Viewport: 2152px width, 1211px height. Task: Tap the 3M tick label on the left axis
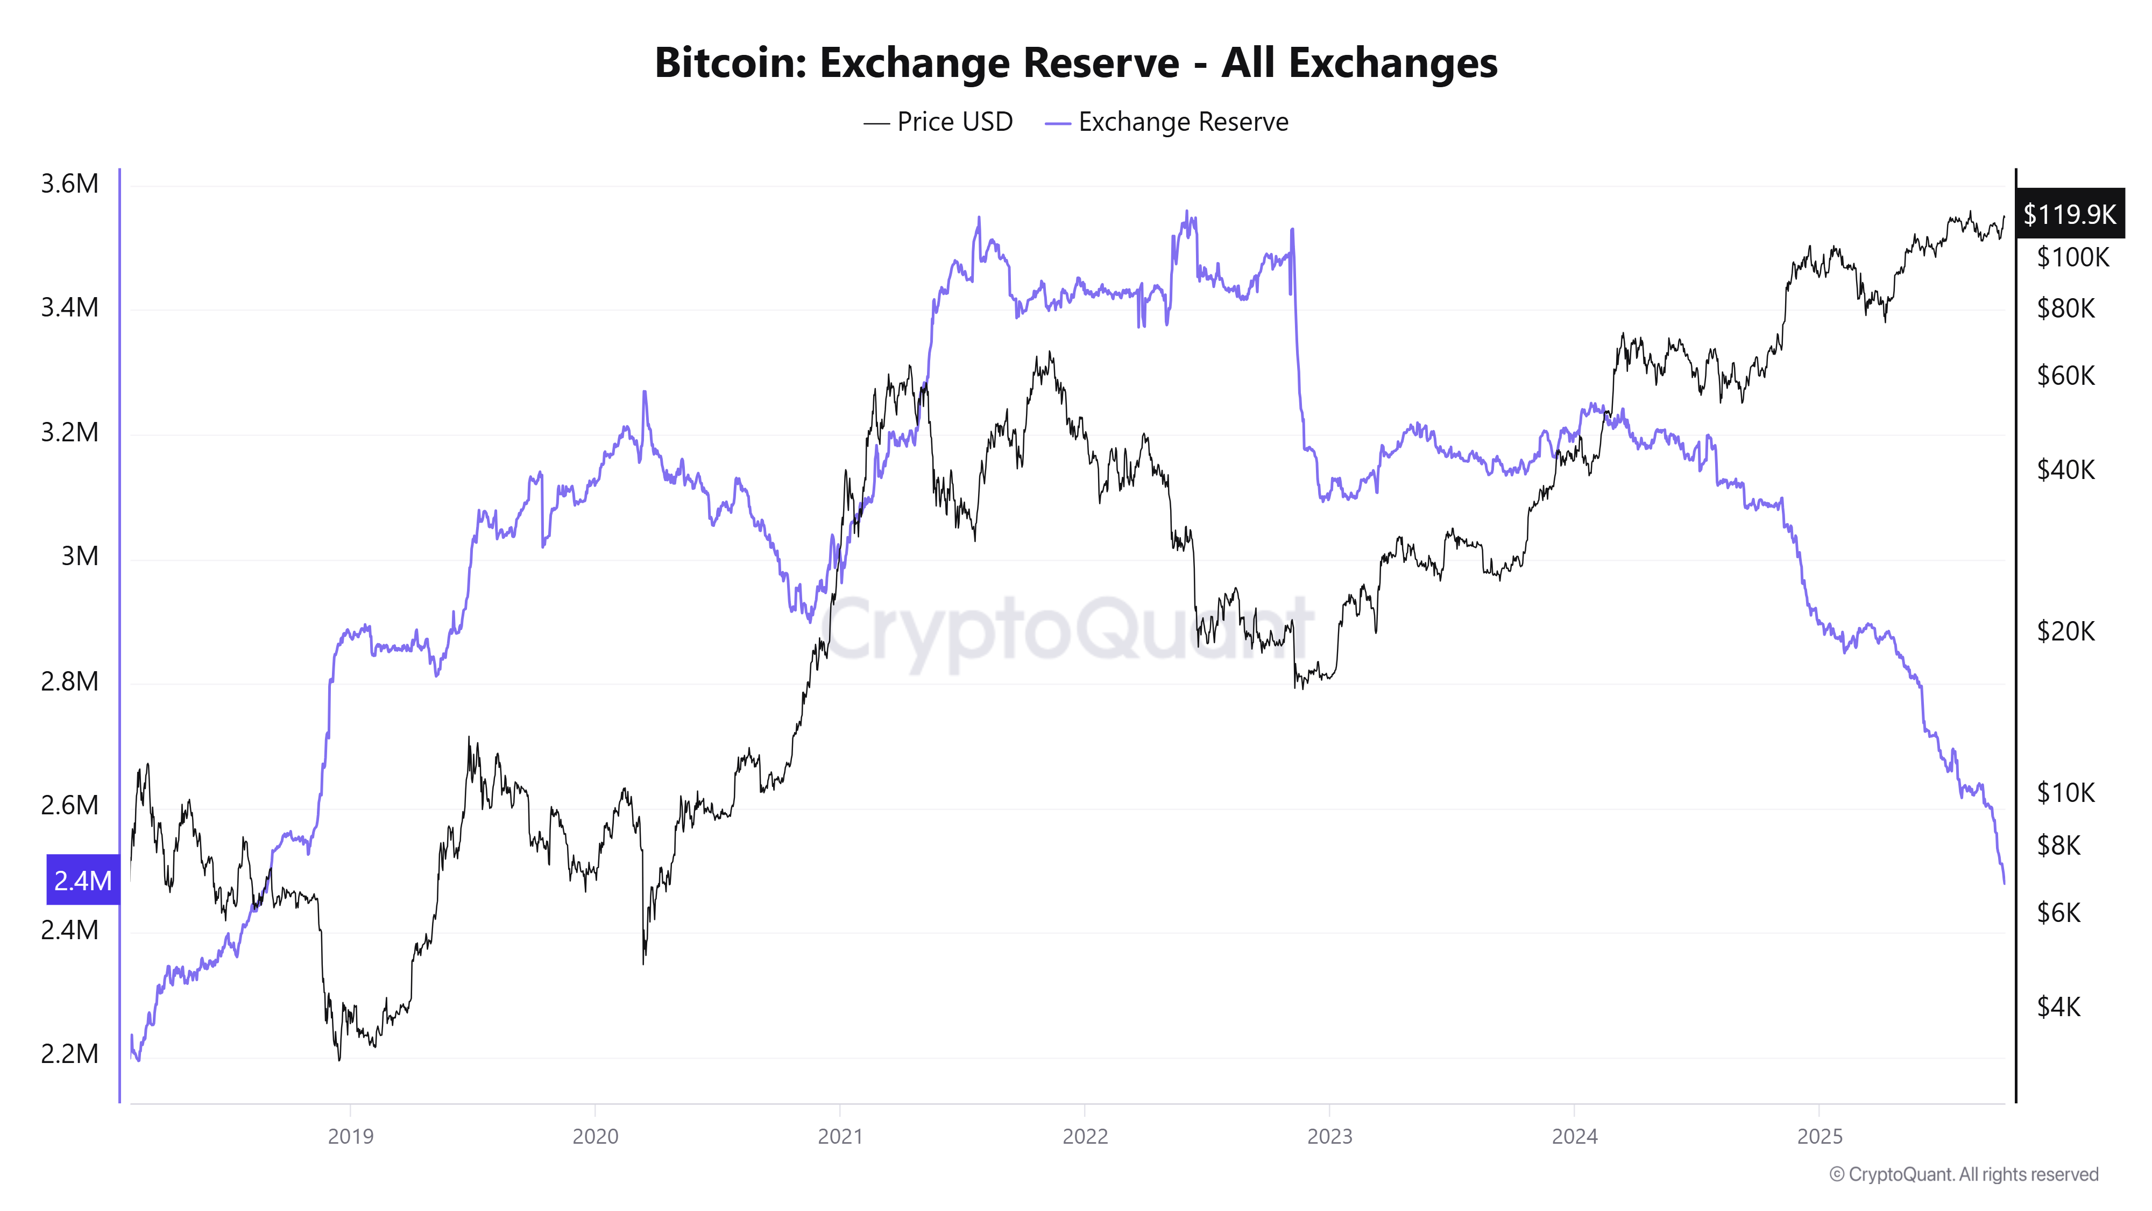(80, 557)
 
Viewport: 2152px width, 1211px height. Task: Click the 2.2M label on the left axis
(69, 1054)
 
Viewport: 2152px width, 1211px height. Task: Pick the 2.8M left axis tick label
(69, 682)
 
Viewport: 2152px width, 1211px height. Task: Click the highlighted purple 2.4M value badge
(83, 880)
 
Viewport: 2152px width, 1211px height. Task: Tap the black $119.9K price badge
(2069, 215)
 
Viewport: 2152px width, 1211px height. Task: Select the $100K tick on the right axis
(2072, 257)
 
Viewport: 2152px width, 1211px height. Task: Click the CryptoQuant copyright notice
(1963, 1175)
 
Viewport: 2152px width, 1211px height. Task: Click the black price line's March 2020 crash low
(643, 963)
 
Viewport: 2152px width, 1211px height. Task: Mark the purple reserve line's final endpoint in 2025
(2004, 883)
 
